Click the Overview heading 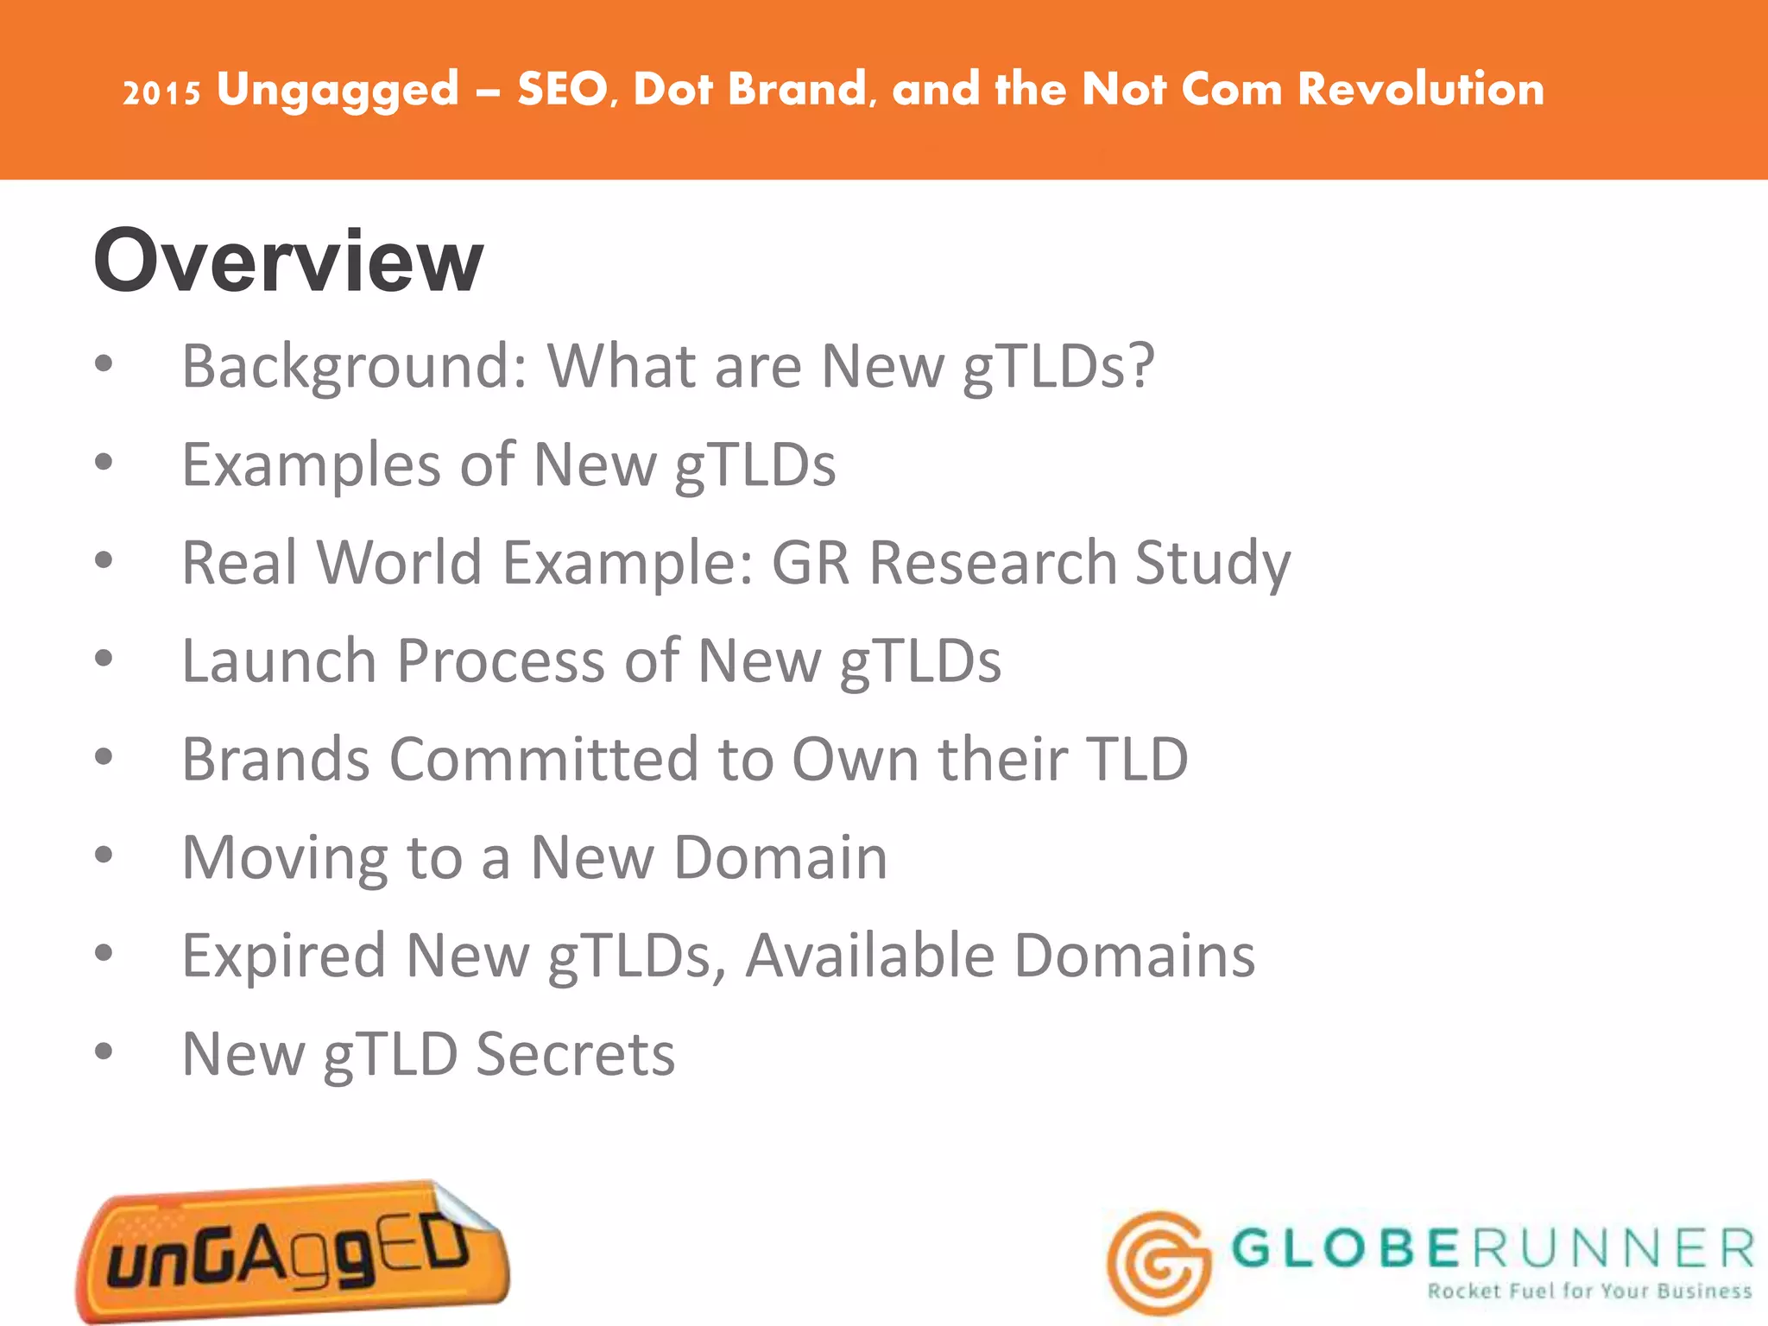[288, 261]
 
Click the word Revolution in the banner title [1421, 89]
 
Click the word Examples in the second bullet [312, 464]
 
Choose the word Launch [279, 661]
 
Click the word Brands [276, 760]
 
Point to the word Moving [284, 860]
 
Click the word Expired [283, 957]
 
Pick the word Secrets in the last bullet [576, 1054]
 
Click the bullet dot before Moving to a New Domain [104, 856]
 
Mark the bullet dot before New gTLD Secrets [104, 1052]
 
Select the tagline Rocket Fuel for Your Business [1589, 1291]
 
